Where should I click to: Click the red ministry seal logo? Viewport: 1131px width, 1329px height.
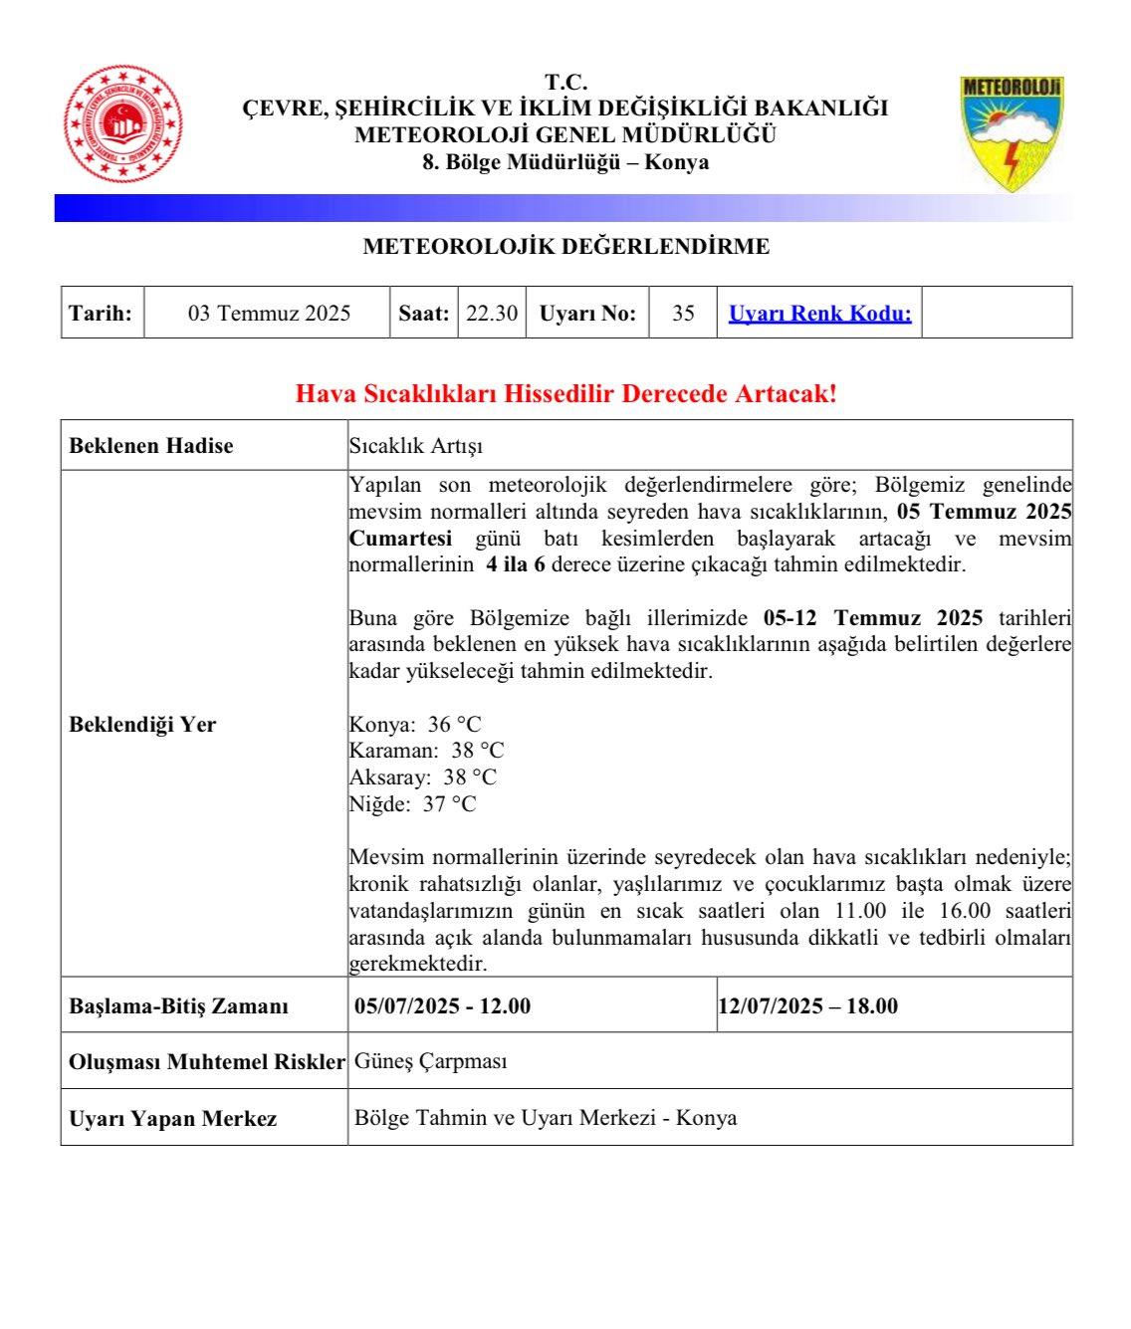click(123, 124)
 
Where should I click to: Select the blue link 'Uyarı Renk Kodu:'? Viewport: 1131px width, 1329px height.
click(819, 314)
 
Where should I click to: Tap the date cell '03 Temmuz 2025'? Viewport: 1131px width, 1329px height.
click(269, 314)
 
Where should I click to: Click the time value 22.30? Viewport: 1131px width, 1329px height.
click(492, 314)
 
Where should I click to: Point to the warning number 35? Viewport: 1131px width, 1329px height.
click(683, 314)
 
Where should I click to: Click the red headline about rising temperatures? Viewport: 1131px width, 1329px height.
click(565, 393)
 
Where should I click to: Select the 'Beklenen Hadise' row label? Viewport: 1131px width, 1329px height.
click(151, 446)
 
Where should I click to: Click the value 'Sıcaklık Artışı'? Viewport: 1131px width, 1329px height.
click(416, 446)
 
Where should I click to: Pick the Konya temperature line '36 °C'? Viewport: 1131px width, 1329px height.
click(415, 724)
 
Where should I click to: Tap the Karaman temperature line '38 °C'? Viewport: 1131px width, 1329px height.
click(426, 751)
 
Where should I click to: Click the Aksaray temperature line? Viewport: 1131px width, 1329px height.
click(422, 777)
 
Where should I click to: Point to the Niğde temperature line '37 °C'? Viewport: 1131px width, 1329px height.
click(412, 804)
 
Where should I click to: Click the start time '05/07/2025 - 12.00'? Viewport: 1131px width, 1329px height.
click(443, 1006)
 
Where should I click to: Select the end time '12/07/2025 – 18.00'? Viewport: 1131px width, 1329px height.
click(808, 1006)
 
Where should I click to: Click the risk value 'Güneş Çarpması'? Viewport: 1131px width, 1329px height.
click(431, 1061)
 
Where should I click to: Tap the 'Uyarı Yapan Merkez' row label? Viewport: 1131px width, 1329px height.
click(172, 1119)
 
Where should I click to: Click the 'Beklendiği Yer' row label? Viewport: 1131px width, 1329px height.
click(142, 725)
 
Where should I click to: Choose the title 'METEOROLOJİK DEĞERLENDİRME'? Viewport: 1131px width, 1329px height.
click(565, 247)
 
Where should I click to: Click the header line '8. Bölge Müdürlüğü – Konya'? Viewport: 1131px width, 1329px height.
click(565, 162)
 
